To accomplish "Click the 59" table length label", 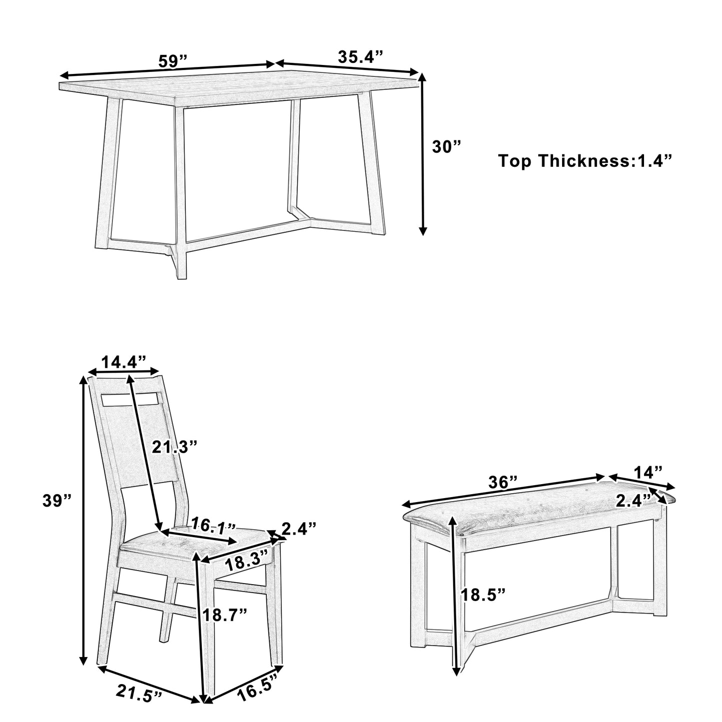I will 172,61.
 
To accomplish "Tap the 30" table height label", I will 446,147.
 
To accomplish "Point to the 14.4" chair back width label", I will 123,361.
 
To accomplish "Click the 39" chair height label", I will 57,501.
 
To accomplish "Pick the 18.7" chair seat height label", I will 224,615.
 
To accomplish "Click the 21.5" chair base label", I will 139,695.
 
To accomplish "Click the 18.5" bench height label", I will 483,595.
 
